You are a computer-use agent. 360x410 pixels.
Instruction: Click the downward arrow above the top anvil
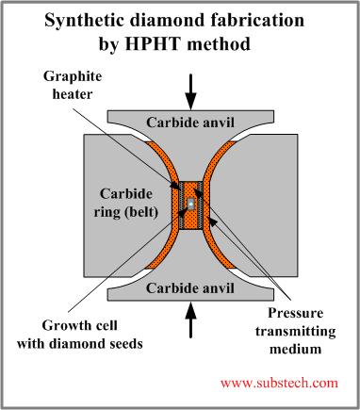(190, 91)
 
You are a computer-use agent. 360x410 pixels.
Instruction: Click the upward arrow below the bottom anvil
(190, 320)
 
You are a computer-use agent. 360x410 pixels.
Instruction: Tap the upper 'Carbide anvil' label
(190, 123)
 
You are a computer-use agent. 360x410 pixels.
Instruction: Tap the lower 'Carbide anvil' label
(190, 287)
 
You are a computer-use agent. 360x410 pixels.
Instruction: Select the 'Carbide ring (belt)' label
(125, 204)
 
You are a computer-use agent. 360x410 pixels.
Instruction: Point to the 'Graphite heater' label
(73, 85)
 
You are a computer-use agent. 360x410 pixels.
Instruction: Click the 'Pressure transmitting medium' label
(295, 331)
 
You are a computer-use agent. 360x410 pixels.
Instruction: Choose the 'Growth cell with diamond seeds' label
(80, 335)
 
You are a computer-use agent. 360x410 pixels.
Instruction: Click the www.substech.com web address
(279, 383)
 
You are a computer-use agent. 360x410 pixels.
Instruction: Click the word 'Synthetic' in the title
(85, 21)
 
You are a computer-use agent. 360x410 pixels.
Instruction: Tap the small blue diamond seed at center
(190, 204)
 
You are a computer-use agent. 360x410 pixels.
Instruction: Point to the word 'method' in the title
(219, 43)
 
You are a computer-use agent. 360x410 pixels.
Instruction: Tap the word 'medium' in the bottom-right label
(295, 349)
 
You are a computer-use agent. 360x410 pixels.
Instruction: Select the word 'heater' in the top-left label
(73, 94)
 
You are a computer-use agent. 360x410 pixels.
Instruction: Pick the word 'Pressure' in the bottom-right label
(295, 313)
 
